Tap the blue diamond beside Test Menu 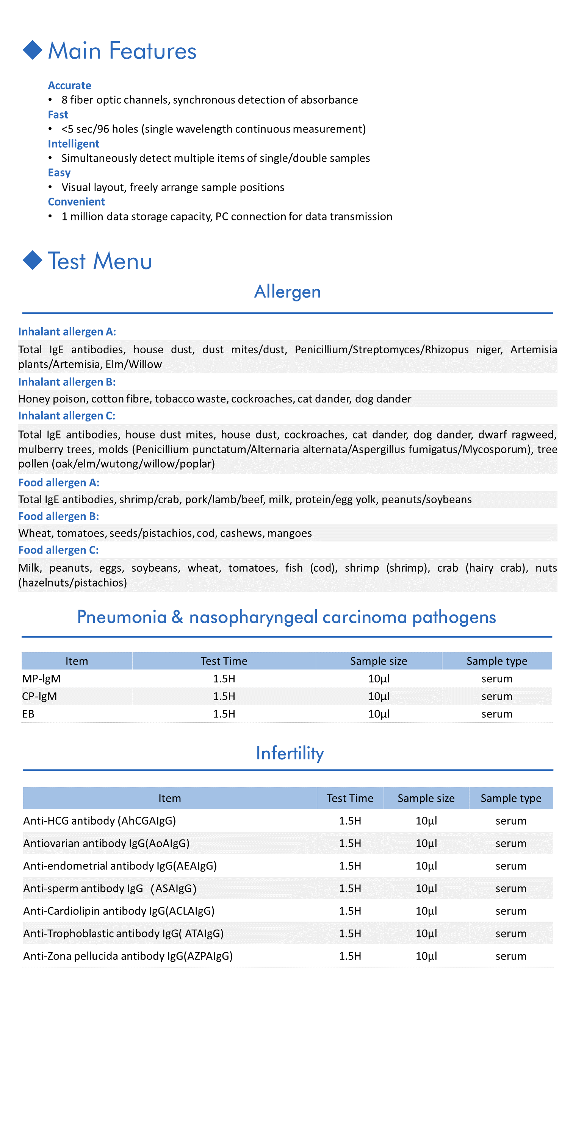pos(33,261)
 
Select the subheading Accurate pos(69,85)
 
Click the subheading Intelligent pos(74,144)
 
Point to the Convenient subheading pos(76,202)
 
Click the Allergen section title pos(287,292)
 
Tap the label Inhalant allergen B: pos(67,382)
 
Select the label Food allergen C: pos(58,550)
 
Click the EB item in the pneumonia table pos(28,714)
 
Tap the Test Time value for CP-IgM pos(224,696)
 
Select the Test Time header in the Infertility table pos(350,798)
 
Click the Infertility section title pos(290,753)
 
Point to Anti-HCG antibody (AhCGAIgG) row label pos(100,821)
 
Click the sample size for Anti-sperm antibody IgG pos(426,888)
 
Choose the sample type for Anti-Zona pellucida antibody pos(511,956)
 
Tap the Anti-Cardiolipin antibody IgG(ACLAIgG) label pos(119,911)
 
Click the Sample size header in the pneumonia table pos(378,661)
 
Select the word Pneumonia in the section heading pos(121,617)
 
